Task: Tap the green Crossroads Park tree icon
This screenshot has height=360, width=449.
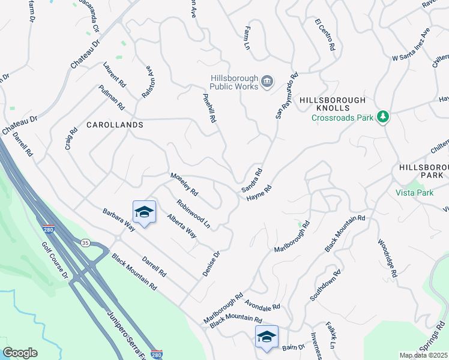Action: click(382, 117)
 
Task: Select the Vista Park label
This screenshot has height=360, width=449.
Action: click(414, 193)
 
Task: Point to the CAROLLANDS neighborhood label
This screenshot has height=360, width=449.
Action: click(115, 125)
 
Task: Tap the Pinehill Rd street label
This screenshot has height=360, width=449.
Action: click(209, 105)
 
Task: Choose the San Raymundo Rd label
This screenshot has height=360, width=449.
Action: click(286, 96)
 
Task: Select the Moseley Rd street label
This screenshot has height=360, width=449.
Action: click(184, 184)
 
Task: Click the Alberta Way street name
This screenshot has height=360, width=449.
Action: click(181, 226)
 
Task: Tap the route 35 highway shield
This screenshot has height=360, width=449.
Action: click(85, 242)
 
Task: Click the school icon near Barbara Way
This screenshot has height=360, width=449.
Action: click(144, 212)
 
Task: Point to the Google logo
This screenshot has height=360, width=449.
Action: click(20, 353)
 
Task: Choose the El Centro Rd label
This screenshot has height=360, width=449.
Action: click(325, 34)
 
